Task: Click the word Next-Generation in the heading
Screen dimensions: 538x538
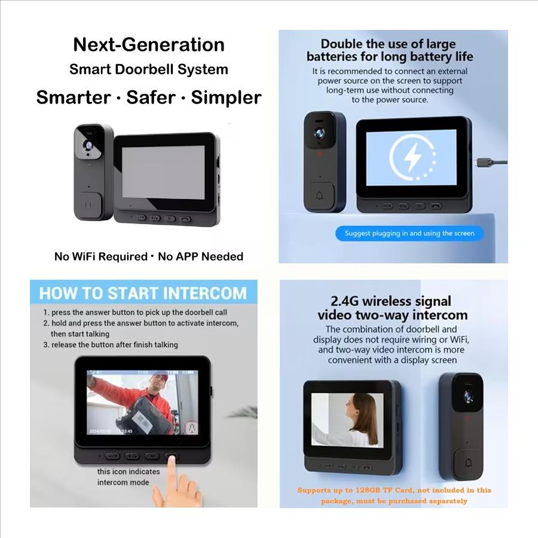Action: (149, 45)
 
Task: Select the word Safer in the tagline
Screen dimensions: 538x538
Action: (151, 97)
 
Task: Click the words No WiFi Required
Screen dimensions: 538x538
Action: (101, 256)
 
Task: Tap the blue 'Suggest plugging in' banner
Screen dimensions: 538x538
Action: (409, 233)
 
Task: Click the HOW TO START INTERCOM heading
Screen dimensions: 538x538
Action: (143, 294)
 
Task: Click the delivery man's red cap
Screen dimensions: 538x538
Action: (158, 378)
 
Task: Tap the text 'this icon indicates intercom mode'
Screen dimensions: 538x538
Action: (129, 477)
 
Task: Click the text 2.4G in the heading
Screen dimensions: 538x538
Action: (344, 301)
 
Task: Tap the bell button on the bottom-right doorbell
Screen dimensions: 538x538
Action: (468, 463)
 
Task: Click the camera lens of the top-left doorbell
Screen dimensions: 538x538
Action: (89, 145)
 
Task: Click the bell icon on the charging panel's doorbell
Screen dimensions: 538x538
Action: (319, 196)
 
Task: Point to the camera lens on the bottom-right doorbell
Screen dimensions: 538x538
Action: (468, 396)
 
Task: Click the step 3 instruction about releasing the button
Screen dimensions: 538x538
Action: (111, 344)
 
